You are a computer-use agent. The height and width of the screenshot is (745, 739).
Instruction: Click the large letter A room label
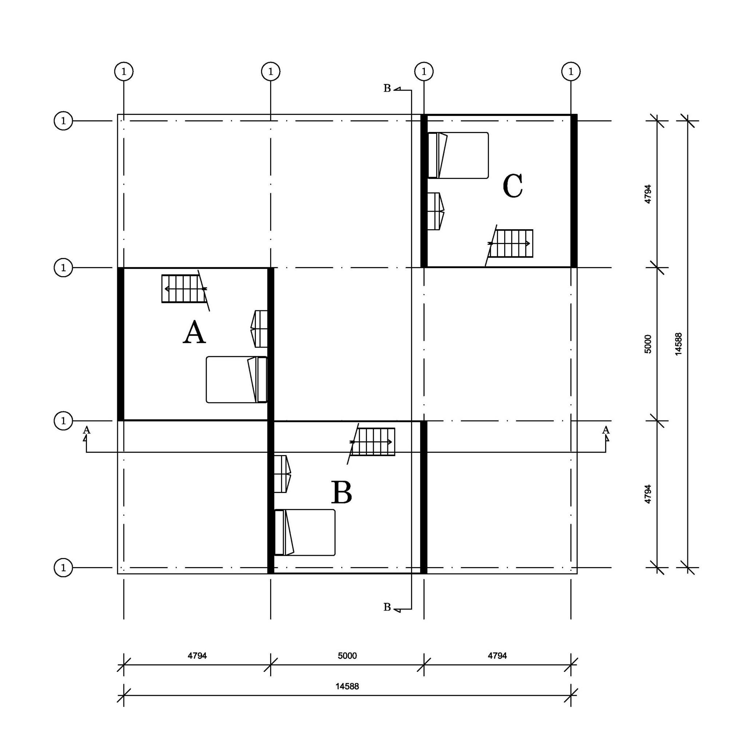coord(194,332)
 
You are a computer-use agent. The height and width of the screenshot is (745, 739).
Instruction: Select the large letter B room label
coord(341,493)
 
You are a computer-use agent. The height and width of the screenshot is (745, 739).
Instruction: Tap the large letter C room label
coord(513,186)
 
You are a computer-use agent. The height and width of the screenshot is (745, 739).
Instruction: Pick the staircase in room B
coord(372,442)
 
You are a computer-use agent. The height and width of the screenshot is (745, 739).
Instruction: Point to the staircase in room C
coord(510,243)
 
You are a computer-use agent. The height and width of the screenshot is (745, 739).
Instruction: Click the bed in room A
coord(237,380)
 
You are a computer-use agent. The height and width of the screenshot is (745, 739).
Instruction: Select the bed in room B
coord(304,533)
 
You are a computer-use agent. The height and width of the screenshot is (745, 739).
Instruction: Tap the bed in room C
coord(458,155)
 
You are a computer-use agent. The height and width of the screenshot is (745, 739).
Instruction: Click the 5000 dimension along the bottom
coord(347,656)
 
